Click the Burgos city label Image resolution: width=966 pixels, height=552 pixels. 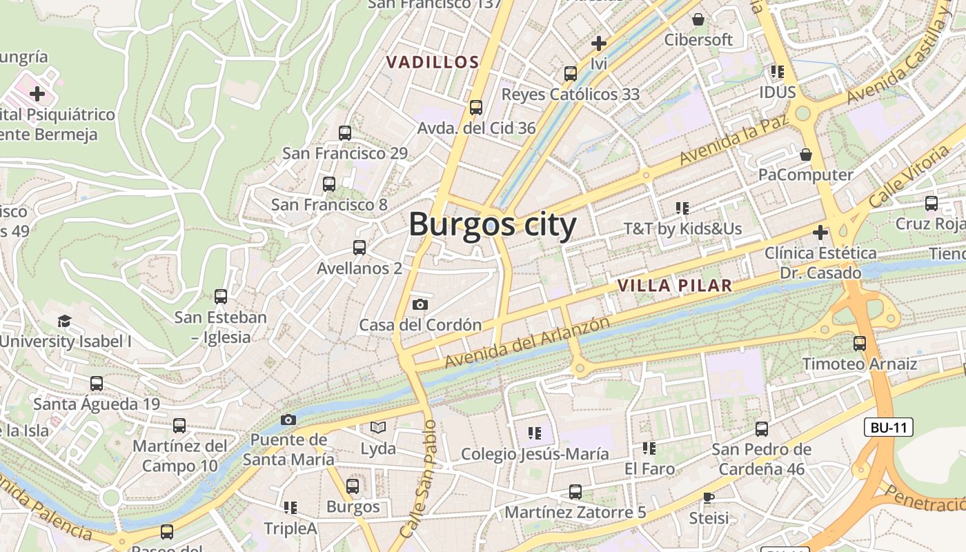493,225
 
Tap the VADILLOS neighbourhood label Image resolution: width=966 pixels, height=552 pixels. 433,62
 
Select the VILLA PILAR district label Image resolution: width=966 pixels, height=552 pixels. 674,286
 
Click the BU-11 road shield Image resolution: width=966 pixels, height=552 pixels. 889,427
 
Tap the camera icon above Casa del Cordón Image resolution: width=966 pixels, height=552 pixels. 420,304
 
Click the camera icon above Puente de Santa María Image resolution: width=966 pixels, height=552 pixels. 288,420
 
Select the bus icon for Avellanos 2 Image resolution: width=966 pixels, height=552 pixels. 359,248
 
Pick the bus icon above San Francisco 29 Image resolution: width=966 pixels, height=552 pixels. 345,133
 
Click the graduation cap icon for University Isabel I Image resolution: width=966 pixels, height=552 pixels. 64,321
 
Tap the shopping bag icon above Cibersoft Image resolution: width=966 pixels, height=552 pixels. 698,19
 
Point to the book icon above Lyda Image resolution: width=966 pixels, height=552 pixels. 378,428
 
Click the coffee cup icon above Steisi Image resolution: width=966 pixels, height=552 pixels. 709,497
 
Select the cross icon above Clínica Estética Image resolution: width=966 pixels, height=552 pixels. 820,233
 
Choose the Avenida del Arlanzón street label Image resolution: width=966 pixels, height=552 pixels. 527,342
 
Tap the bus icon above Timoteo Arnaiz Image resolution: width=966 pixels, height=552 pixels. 860,343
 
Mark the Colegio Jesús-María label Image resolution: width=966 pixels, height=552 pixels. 535,454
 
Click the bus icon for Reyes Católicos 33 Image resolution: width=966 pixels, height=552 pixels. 570,73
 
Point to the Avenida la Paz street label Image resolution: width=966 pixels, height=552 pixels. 734,141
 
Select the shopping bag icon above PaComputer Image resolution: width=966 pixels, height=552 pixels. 805,154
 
